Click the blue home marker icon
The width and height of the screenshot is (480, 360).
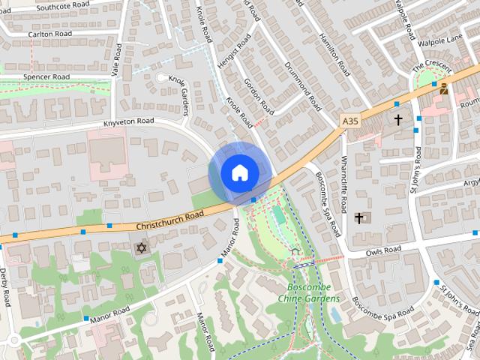[x=238, y=172]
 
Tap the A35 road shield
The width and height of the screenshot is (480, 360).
[x=349, y=120]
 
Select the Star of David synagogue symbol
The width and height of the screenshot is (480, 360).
[x=139, y=247]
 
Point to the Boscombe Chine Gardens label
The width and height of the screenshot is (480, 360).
[x=309, y=293]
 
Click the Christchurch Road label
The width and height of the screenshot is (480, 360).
[x=170, y=220]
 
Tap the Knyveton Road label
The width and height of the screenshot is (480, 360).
[x=128, y=121]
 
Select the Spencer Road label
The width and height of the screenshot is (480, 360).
[x=46, y=77]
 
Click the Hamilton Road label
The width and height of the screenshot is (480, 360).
[x=334, y=55]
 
